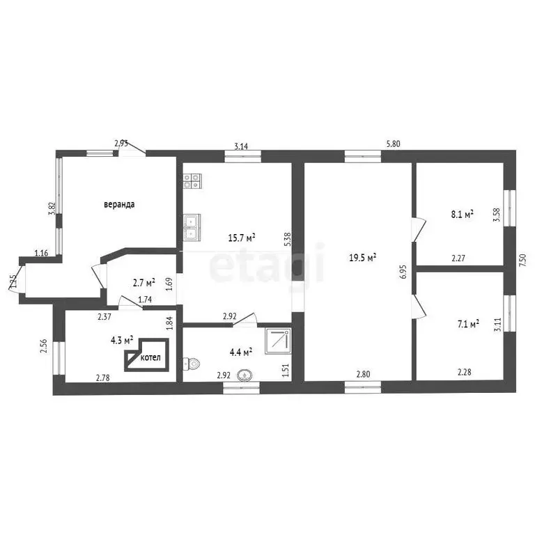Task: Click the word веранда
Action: (x=119, y=205)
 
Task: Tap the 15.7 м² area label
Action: (x=242, y=238)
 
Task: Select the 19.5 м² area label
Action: (x=362, y=257)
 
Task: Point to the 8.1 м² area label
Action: (x=463, y=215)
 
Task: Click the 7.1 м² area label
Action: (x=468, y=323)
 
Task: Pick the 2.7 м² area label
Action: (x=144, y=283)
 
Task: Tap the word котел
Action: (x=150, y=357)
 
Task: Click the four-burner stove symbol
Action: (x=192, y=181)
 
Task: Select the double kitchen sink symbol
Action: (x=192, y=227)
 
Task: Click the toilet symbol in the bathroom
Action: (x=191, y=364)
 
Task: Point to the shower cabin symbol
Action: (x=279, y=341)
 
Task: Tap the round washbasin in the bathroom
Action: (x=245, y=375)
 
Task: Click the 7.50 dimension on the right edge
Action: (x=522, y=260)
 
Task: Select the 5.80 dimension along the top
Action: (x=393, y=144)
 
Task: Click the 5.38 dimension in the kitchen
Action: (x=287, y=240)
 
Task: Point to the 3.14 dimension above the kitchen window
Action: (x=241, y=147)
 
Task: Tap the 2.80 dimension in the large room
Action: (x=363, y=374)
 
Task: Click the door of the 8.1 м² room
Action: (x=419, y=230)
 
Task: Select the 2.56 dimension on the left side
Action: (x=43, y=347)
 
